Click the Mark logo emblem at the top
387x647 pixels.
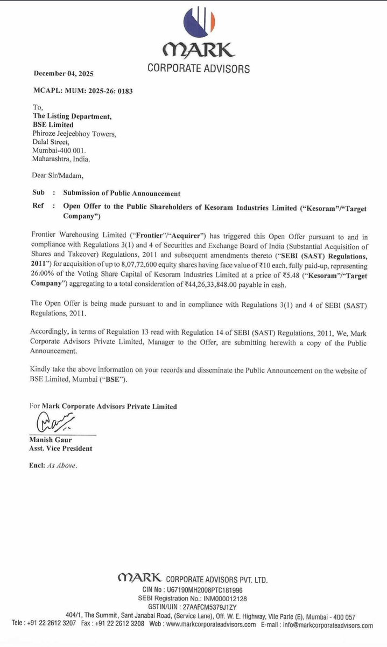(199, 22)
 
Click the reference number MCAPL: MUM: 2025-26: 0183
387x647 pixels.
(83, 91)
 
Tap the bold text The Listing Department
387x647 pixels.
(72, 116)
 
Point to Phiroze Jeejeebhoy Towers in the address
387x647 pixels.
(74, 133)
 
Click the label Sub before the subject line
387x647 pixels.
(38, 193)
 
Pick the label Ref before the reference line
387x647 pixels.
(38, 206)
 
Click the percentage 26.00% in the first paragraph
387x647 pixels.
(46, 275)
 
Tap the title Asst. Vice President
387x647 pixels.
(61, 449)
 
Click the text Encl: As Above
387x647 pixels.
(53, 466)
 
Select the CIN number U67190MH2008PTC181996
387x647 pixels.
(209, 590)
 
